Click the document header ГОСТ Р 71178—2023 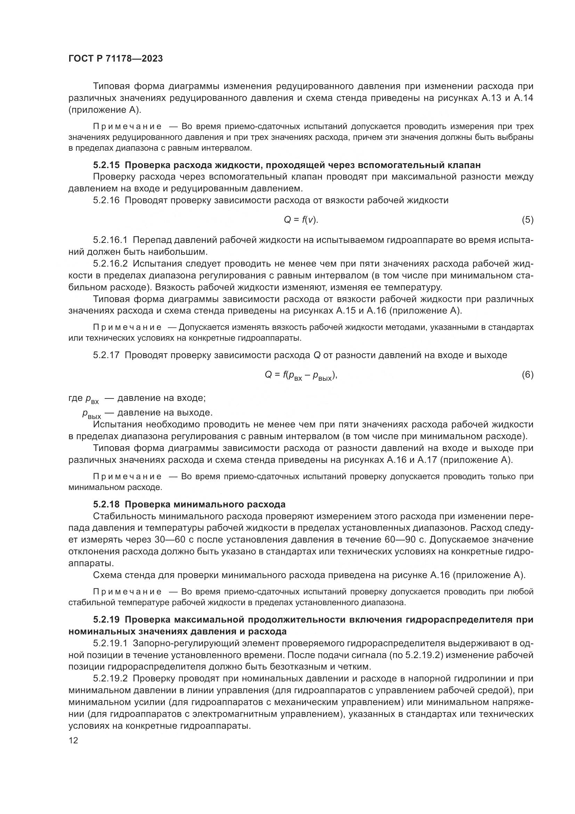115,59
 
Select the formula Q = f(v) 301,220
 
